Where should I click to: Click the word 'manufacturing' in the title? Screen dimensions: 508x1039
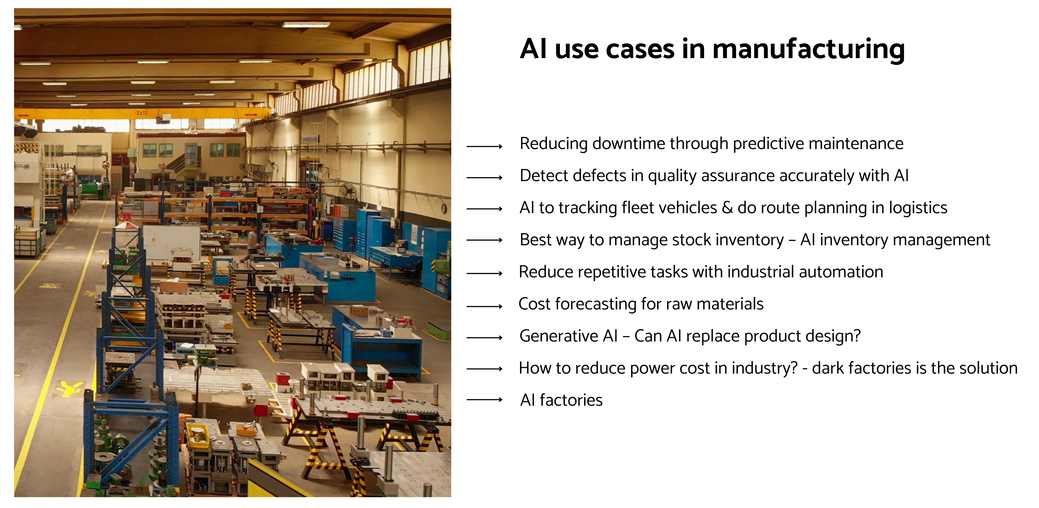[809, 49]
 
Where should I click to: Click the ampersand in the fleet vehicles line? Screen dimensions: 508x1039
[727, 207]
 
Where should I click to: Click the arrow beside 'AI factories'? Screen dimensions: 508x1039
[484, 400]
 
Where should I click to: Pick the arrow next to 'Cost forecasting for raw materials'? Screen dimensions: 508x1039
[484, 307]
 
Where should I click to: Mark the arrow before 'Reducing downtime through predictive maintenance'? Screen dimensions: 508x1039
[484, 146]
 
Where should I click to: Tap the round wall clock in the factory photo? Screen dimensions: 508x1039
[444, 208]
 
